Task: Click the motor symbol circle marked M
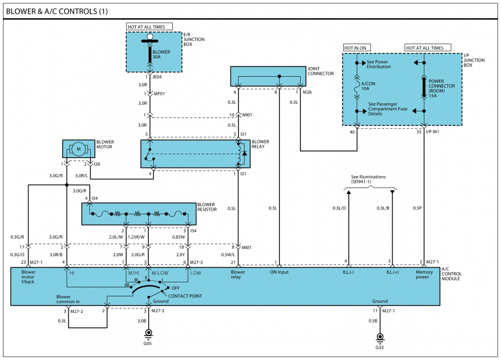(79, 149)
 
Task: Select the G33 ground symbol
(380, 337)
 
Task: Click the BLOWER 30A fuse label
(161, 54)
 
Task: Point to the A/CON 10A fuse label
(368, 86)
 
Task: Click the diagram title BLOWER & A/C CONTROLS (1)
(57, 12)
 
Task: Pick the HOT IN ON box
(357, 48)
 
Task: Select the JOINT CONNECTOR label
(321, 71)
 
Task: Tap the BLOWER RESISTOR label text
(207, 207)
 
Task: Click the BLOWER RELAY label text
(261, 144)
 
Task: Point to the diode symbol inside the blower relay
(244, 153)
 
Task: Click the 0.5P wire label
(417, 208)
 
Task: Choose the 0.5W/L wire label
(228, 255)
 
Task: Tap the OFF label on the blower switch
(175, 288)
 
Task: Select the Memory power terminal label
(424, 274)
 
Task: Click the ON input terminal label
(279, 272)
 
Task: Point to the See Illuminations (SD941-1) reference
(368, 179)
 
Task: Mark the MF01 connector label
(159, 94)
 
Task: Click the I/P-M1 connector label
(432, 132)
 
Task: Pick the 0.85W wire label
(178, 237)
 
